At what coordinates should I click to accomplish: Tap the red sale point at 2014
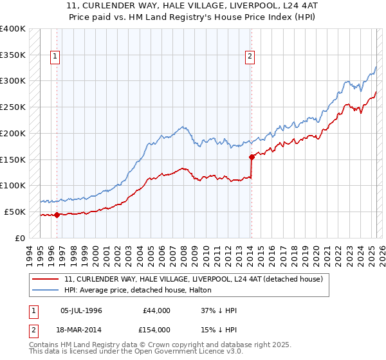click(252, 156)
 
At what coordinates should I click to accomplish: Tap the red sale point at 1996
click(57, 215)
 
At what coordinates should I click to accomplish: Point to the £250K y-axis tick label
click(13, 107)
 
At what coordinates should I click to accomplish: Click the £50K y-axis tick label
click(15, 212)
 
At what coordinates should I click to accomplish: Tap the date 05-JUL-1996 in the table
click(81, 310)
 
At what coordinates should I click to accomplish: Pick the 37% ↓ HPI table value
click(219, 310)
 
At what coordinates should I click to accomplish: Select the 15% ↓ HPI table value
click(219, 329)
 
